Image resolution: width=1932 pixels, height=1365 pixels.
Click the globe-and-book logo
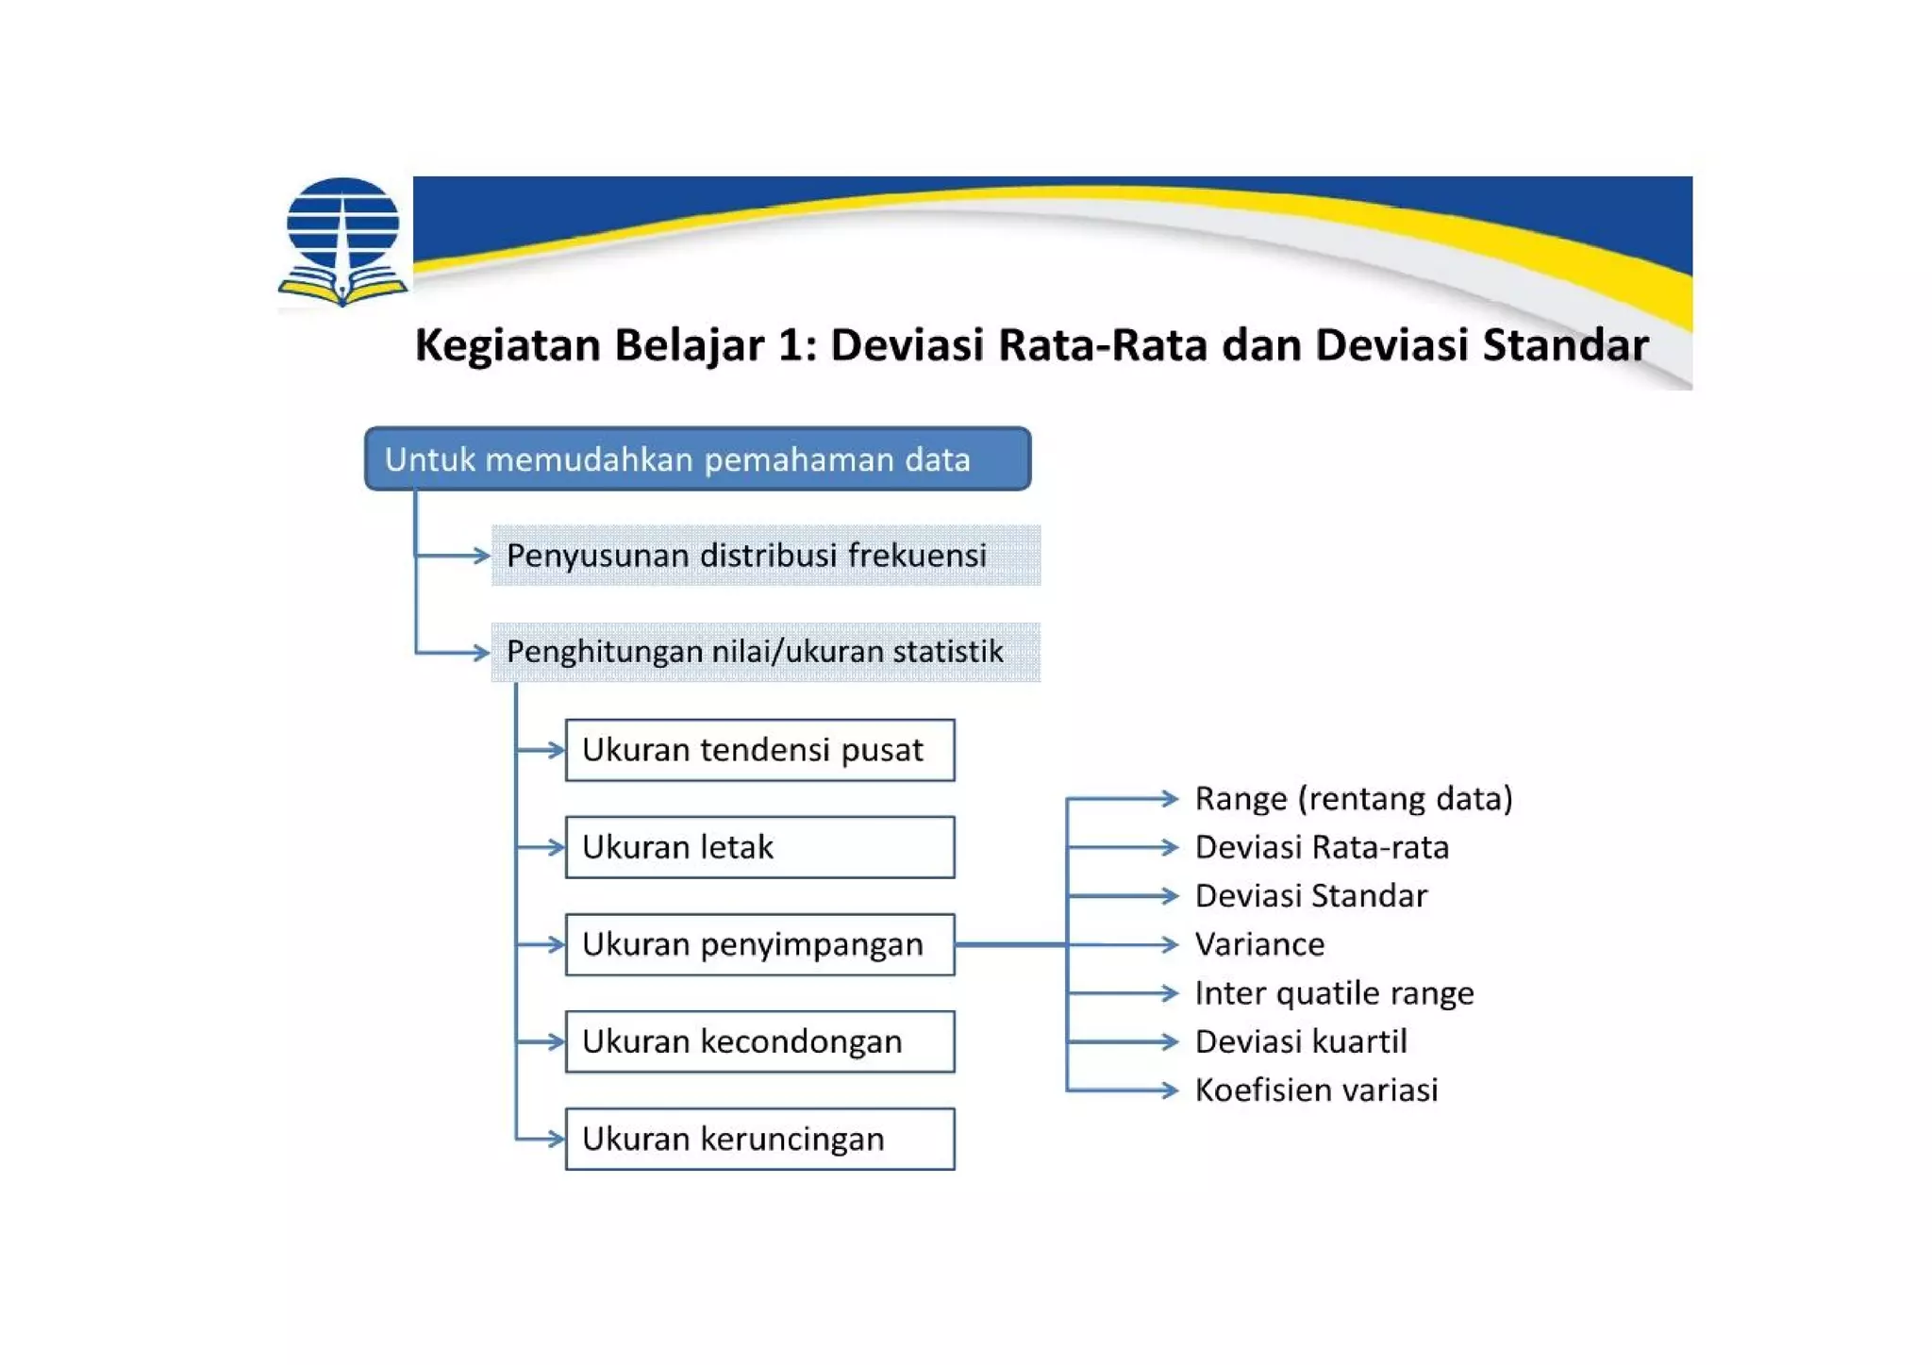[x=342, y=241]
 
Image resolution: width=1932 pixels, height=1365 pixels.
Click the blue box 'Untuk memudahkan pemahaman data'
[x=697, y=459]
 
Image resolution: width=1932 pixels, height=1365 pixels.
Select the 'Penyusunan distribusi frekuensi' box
[x=765, y=556]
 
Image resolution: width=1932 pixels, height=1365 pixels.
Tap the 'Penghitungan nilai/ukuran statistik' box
[x=765, y=652]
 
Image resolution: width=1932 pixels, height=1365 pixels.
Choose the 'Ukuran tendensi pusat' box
[x=759, y=750]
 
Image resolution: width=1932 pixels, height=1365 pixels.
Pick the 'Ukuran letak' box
[x=759, y=847]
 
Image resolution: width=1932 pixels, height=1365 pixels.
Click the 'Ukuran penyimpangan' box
[x=759, y=944]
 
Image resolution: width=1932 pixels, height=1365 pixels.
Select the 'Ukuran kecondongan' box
[x=759, y=1041]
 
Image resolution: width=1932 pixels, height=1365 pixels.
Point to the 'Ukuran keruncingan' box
[x=759, y=1139]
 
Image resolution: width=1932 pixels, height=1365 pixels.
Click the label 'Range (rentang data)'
[x=1353, y=799]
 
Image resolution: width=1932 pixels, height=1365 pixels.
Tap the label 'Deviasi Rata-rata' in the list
[x=1322, y=847]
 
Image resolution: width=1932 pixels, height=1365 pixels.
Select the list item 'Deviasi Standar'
[x=1310, y=896]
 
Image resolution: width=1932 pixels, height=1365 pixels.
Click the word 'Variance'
[x=1259, y=944]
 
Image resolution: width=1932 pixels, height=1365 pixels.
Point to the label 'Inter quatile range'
[x=1334, y=993]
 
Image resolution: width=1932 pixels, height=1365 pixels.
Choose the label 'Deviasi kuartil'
[x=1301, y=1041]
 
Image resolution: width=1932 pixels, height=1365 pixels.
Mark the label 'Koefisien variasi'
[x=1316, y=1090]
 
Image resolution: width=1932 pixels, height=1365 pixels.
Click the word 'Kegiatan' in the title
[x=508, y=344]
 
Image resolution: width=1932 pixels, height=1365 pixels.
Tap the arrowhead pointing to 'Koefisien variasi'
[x=1170, y=1090]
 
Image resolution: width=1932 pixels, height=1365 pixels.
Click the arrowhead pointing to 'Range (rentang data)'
[x=1170, y=799]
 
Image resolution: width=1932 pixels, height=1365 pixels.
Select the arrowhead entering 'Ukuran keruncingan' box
[x=556, y=1139]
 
